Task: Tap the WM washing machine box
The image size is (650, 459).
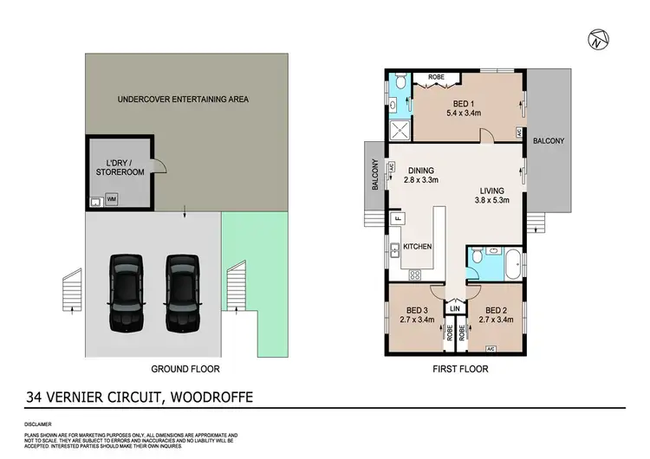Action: (x=111, y=199)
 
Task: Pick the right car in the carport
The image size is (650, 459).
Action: (x=183, y=292)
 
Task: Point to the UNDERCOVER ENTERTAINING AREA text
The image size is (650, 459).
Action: (x=183, y=99)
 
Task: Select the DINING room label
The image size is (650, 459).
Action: (x=420, y=171)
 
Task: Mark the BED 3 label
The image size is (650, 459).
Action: (x=418, y=311)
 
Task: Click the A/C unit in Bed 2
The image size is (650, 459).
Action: (x=491, y=349)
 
